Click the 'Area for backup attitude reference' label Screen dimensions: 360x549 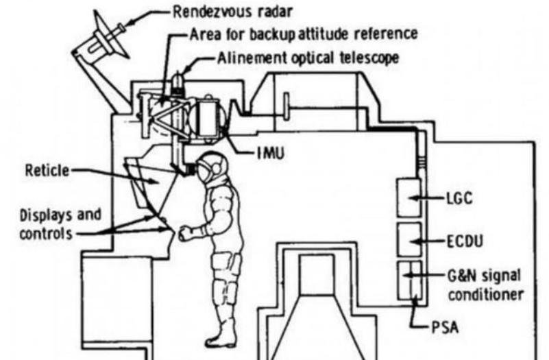(303, 34)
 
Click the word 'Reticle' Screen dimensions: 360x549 (46, 170)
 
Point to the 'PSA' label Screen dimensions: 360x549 (442, 328)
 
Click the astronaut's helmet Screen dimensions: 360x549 (208, 167)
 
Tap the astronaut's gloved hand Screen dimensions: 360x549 (186, 233)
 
